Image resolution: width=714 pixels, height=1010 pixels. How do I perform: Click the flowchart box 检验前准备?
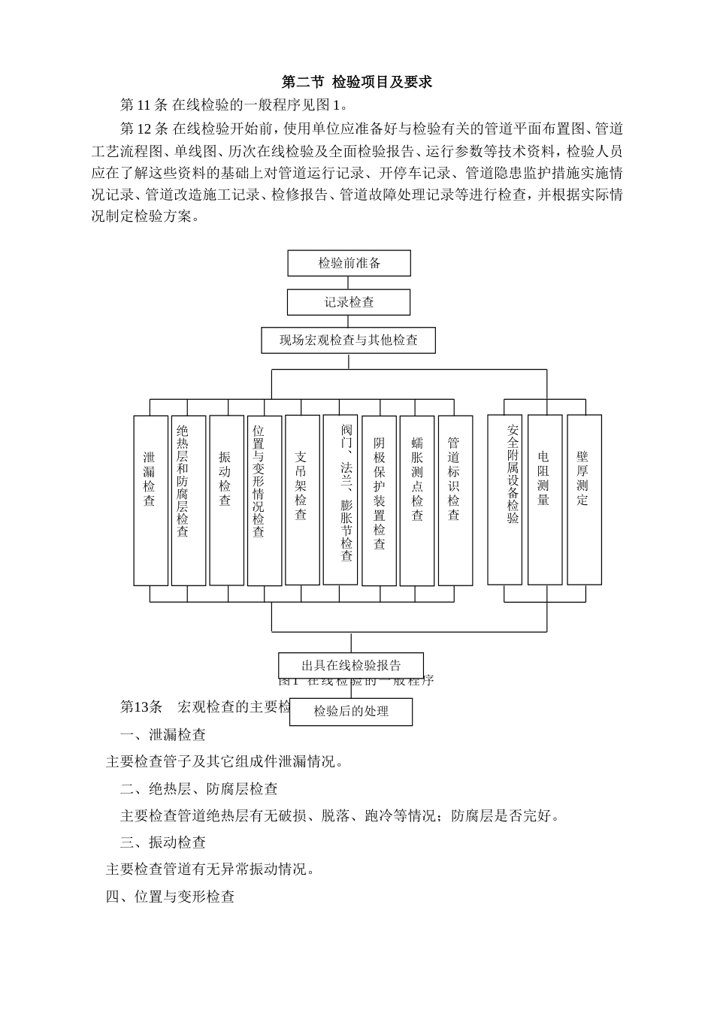point(349,263)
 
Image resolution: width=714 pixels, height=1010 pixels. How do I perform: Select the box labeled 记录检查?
point(349,302)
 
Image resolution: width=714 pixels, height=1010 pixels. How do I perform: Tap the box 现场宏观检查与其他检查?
point(349,340)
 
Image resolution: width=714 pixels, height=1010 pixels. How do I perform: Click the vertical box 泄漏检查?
point(150,500)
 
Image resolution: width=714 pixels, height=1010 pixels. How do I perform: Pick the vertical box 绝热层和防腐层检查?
point(188,500)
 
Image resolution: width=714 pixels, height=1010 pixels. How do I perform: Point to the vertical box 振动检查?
point(226,500)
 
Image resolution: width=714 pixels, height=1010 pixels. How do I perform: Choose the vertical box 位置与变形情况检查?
point(264,500)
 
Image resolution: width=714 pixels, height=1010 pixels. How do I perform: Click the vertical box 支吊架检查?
point(302,500)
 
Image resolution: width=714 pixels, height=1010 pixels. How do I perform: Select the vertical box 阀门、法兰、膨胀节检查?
point(340,500)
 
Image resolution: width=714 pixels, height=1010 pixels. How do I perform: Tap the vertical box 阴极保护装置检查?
point(379,500)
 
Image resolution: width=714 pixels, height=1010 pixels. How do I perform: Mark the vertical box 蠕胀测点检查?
point(417,500)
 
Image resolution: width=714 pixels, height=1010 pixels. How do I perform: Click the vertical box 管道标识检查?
point(455,500)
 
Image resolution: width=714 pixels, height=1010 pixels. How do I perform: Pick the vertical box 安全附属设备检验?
point(505,499)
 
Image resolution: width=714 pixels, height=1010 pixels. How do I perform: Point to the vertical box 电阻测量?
point(545,499)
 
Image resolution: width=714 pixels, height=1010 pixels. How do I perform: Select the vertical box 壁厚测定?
point(584,499)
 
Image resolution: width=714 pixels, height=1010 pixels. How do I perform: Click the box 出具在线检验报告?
point(351,665)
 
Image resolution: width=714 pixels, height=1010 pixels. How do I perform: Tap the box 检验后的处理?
point(351,711)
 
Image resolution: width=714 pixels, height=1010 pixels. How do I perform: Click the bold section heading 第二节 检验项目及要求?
point(357,82)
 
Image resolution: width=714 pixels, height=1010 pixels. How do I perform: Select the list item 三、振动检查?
point(163,842)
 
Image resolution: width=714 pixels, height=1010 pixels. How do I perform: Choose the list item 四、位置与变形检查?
point(170,897)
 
